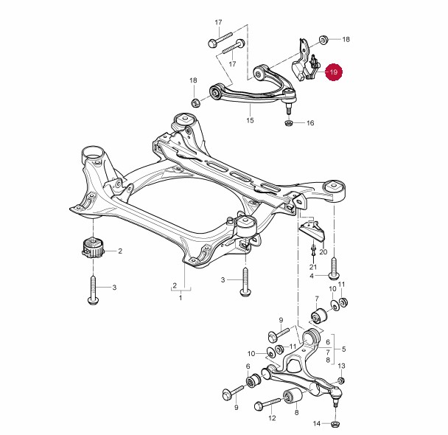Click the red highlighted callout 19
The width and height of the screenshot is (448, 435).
click(x=334, y=72)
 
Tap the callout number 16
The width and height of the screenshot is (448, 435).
click(x=310, y=123)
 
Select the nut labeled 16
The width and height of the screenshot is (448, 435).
click(x=289, y=123)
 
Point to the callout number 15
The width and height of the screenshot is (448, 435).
click(x=250, y=120)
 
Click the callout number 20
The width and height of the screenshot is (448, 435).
click(x=323, y=252)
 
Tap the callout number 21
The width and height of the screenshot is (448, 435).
click(x=313, y=267)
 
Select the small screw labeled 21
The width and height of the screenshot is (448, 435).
click(x=313, y=251)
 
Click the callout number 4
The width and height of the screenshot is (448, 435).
click(x=312, y=276)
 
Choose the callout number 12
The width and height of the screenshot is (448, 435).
click(x=273, y=418)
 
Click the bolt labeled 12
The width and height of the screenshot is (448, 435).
click(x=268, y=403)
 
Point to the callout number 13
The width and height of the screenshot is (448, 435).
click(x=341, y=366)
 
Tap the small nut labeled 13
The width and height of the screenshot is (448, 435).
click(x=341, y=380)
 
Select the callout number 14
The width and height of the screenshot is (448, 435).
click(x=317, y=423)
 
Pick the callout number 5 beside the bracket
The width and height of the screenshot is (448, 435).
click(x=343, y=349)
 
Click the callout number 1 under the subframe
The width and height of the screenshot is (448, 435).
click(x=181, y=298)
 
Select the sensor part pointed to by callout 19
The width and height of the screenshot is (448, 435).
click(x=303, y=67)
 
